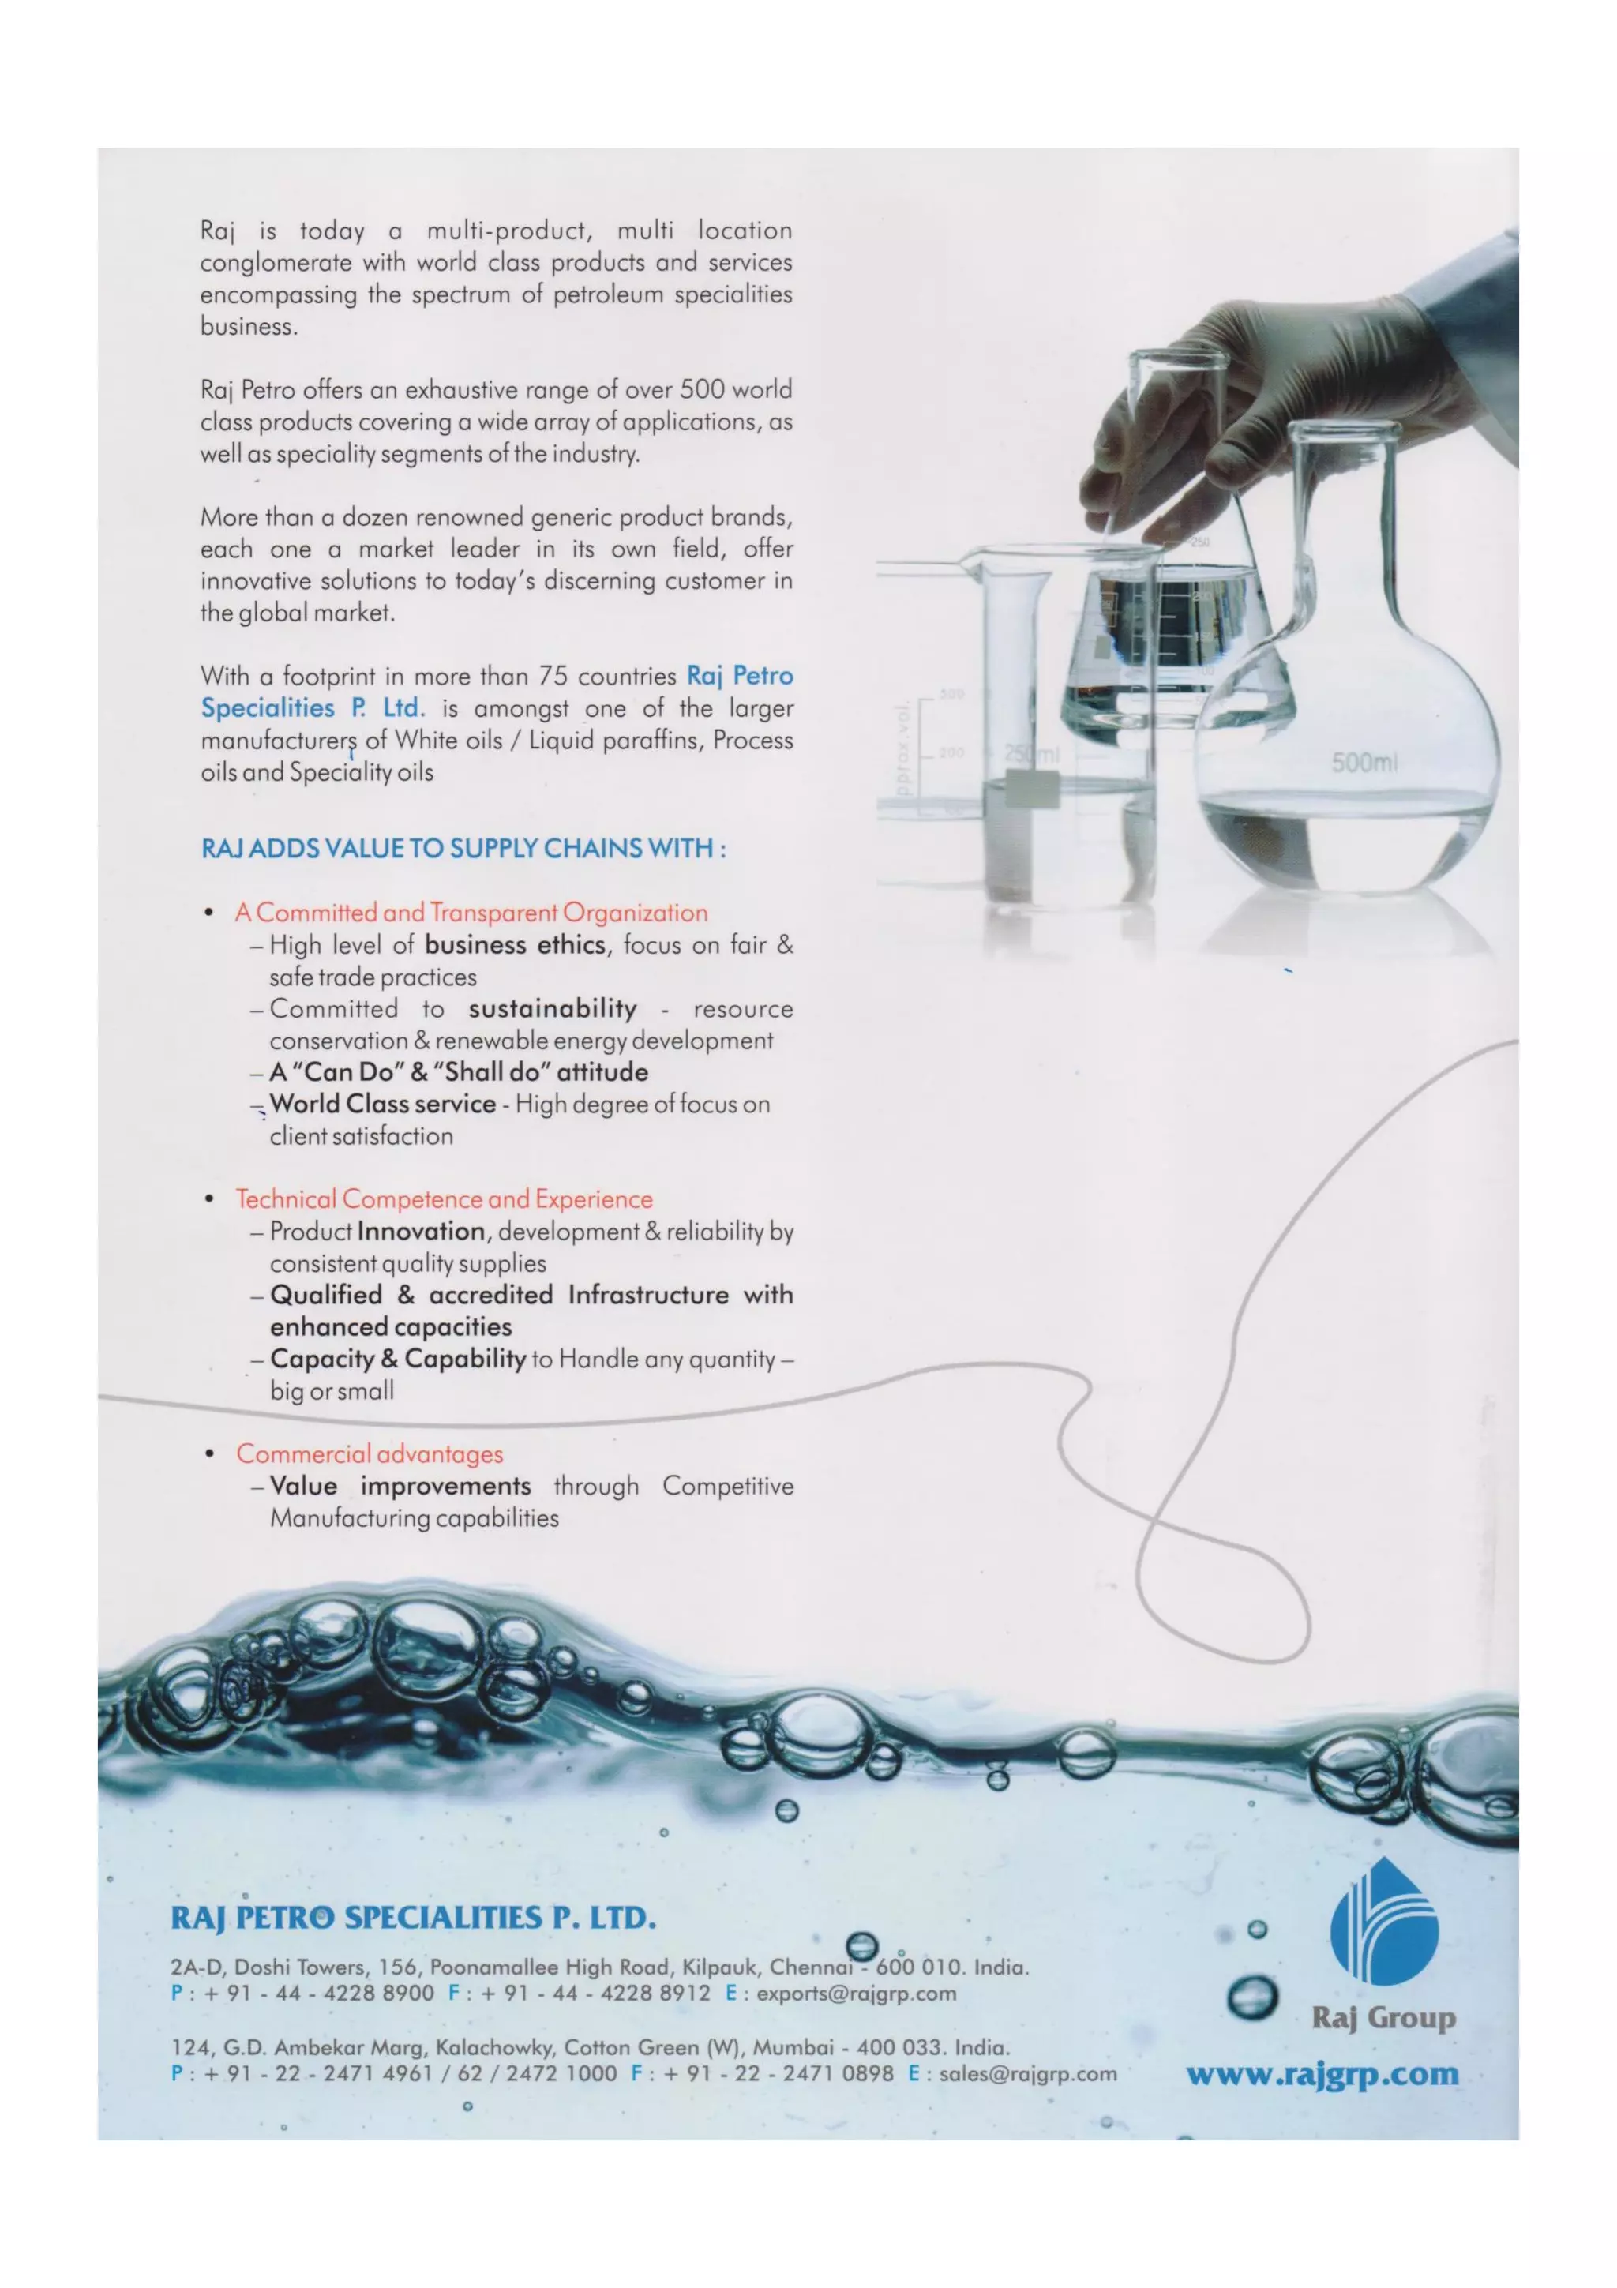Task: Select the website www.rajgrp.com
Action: [x=1322, y=2074]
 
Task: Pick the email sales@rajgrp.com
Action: [x=1027, y=2074]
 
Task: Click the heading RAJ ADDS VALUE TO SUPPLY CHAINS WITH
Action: [x=463, y=849]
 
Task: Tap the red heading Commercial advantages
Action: [x=370, y=1454]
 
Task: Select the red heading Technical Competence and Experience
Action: [x=445, y=1198]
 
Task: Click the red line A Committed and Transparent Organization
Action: [x=471, y=913]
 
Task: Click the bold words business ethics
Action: [x=515, y=945]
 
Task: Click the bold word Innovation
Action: [x=421, y=1232]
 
